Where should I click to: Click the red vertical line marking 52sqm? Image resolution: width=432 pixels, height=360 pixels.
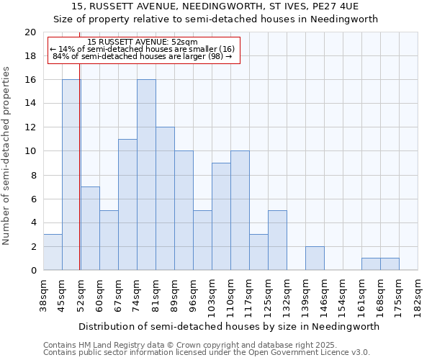coord(79,180)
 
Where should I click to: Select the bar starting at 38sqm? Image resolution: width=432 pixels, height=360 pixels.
coord(53,252)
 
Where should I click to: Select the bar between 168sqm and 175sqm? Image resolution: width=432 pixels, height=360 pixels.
coord(390,264)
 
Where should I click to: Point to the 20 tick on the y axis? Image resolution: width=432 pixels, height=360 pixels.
coord(30,32)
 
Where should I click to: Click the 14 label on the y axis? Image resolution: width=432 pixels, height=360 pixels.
coord(30,104)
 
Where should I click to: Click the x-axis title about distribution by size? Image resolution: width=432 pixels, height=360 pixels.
coord(229,326)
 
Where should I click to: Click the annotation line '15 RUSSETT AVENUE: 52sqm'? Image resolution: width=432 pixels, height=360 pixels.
coord(143,42)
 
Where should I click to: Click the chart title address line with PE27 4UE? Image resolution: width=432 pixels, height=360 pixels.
coord(216,6)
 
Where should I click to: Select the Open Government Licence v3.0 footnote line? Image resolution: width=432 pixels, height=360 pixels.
coord(207,353)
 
